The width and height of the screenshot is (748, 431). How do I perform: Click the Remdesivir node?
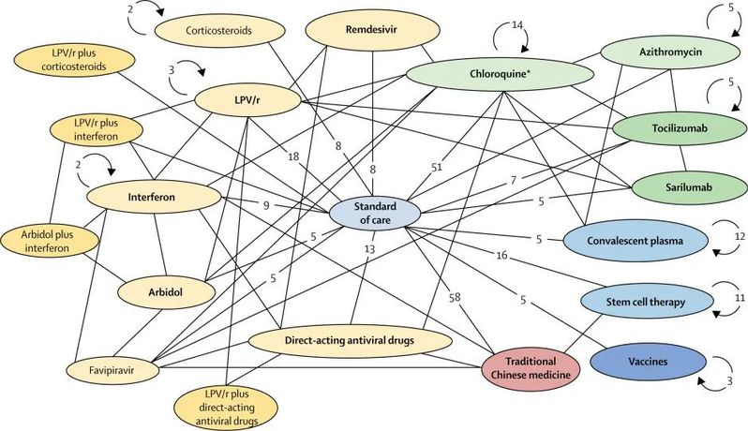click(x=371, y=30)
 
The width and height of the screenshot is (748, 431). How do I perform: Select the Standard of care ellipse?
click(x=375, y=213)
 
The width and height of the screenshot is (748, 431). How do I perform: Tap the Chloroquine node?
click(x=500, y=74)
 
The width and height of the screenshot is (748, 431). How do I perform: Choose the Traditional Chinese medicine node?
click(x=531, y=368)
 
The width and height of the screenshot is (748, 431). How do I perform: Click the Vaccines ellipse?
click(x=648, y=362)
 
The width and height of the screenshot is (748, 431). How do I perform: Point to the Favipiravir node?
click(x=113, y=370)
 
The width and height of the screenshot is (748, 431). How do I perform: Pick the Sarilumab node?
click(x=689, y=187)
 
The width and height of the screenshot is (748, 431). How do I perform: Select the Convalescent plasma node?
click(x=635, y=241)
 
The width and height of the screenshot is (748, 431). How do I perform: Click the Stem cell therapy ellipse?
click(x=646, y=302)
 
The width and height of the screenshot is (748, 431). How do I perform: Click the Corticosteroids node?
click(x=219, y=31)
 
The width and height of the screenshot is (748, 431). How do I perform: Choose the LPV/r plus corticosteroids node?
click(x=74, y=60)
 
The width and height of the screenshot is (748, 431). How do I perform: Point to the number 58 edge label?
click(x=455, y=298)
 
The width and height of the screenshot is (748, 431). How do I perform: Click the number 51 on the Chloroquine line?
click(x=437, y=167)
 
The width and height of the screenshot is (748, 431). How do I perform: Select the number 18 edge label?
click(x=293, y=156)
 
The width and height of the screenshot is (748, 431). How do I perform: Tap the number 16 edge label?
click(x=501, y=256)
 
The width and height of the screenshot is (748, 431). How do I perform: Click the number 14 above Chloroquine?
click(x=517, y=24)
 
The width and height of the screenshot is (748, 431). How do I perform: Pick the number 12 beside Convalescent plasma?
click(x=740, y=236)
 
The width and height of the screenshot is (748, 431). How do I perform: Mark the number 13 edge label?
click(x=369, y=249)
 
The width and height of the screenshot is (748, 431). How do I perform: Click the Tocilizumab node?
click(x=680, y=128)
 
